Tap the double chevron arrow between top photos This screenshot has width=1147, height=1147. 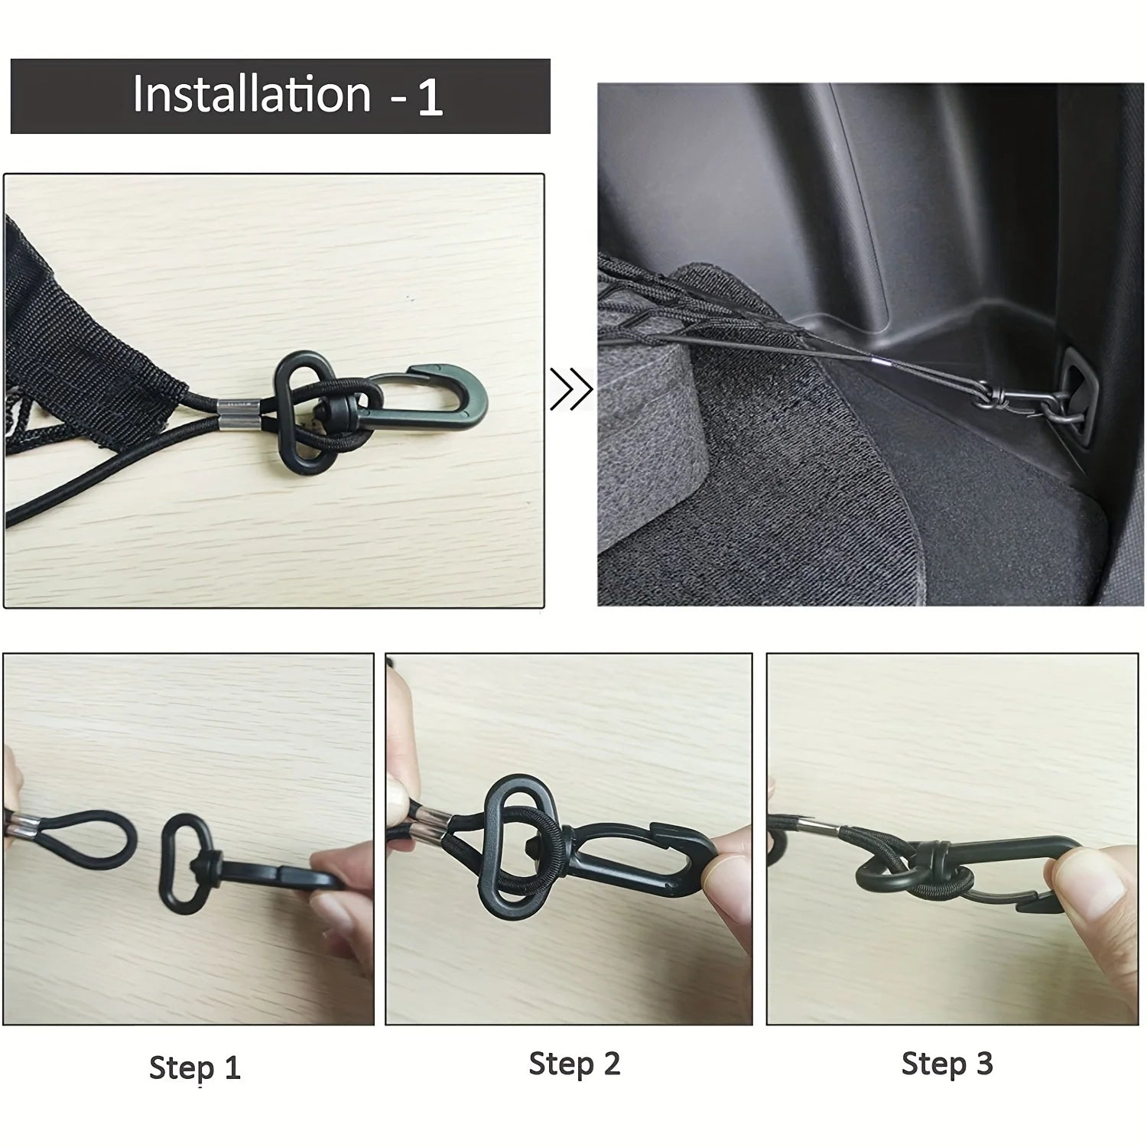(571, 389)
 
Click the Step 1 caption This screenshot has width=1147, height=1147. (194, 1067)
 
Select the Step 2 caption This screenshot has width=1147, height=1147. (574, 1064)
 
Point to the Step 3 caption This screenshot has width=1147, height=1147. (947, 1064)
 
